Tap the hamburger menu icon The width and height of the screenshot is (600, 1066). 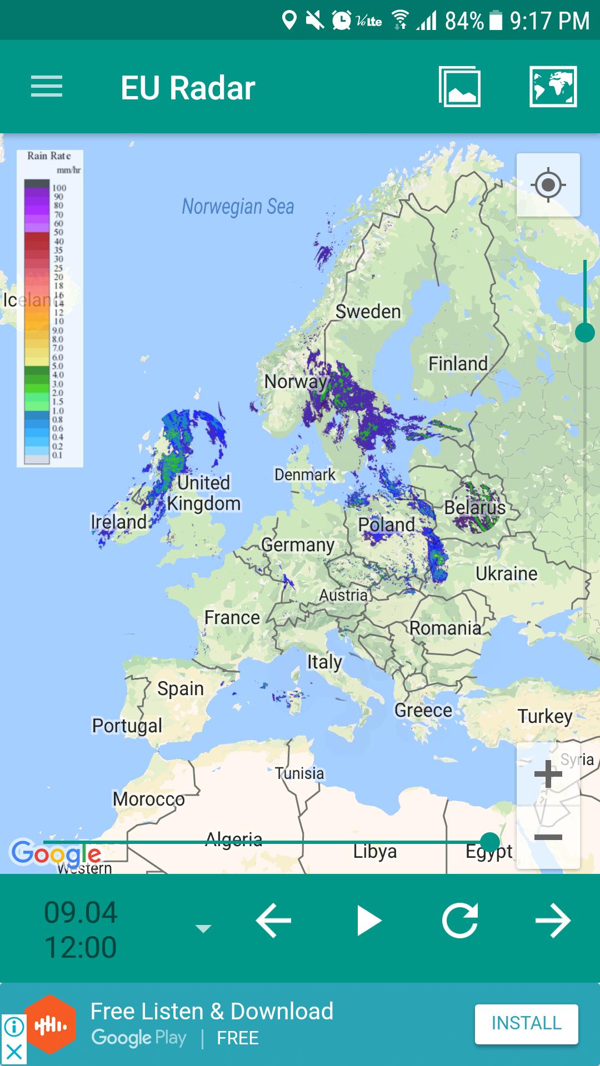coord(47,87)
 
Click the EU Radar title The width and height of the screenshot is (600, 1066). coord(188,88)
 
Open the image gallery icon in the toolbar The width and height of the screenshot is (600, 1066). coord(459,87)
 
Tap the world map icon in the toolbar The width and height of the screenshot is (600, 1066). coord(553,87)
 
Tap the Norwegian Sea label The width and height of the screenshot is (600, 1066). coord(238,207)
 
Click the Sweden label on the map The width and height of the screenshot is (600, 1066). coord(368,311)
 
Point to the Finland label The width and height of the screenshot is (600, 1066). coord(458,364)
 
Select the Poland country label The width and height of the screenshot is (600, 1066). coord(386,524)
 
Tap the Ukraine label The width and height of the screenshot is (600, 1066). coord(506,574)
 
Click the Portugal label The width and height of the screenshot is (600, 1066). coord(127,725)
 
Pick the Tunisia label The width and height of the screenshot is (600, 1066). coord(299,773)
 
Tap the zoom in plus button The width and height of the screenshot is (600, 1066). coord(548,774)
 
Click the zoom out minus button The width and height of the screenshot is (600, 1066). coord(548,837)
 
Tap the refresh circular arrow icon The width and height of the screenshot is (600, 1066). coord(460,921)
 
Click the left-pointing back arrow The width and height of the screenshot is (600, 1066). coord(273,921)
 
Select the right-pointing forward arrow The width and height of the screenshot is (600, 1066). coord(553,921)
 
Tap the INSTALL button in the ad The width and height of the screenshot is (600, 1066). coord(526,1023)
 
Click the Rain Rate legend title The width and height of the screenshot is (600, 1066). coord(49,156)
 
